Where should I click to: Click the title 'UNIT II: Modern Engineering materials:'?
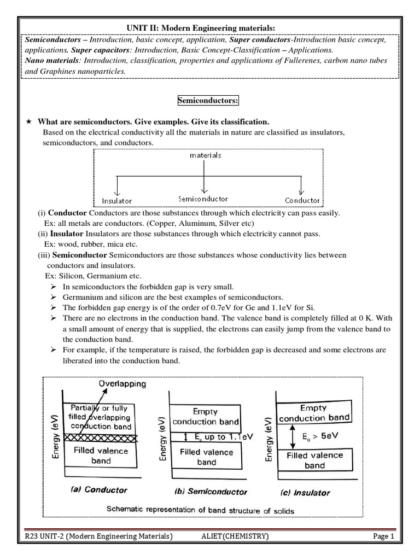pyautogui.click(x=210, y=28)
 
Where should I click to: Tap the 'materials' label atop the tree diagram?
pyautogui.click(x=205, y=155)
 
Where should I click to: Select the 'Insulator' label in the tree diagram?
pyautogui.click(x=117, y=201)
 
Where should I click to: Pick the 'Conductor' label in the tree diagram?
pyautogui.click(x=302, y=200)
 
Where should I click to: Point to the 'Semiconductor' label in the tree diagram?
pyautogui.click(x=203, y=199)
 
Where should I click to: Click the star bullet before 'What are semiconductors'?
pyautogui.click(x=29, y=121)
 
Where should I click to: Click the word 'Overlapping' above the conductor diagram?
pyautogui.click(x=122, y=383)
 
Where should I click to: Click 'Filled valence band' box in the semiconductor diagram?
pyautogui.click(x=206, y=457)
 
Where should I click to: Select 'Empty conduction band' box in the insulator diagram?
pyautogui.click(x=314, y=413)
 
